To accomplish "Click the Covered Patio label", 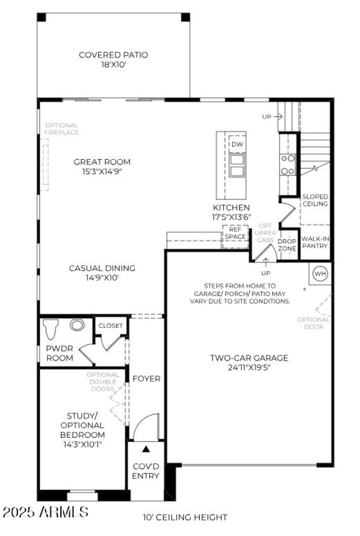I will (x=113, y=55).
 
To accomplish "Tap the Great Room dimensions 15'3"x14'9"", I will (x=102, y=172).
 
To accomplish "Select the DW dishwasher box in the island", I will (x=237, y=144).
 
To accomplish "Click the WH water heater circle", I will (x=320, y=273).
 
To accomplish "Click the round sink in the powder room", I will (x=77, y=325).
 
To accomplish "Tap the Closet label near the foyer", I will (x=111, y=326).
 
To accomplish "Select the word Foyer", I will (x=146, y=379).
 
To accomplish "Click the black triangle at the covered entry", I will (x=146, y=449).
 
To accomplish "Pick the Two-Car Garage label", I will (x=249, y=358).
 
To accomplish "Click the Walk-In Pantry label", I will (x=315, y=242).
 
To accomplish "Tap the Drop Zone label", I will (x=287, y=245).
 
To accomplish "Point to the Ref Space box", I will (x=235, y=233).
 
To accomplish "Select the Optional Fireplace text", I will (x=61, y=129).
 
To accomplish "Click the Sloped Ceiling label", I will (x=315, y=200).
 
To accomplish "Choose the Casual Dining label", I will (x=102, y=268).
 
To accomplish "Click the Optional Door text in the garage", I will (x=314, y=323).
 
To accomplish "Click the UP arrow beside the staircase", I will (x=272, y=117).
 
